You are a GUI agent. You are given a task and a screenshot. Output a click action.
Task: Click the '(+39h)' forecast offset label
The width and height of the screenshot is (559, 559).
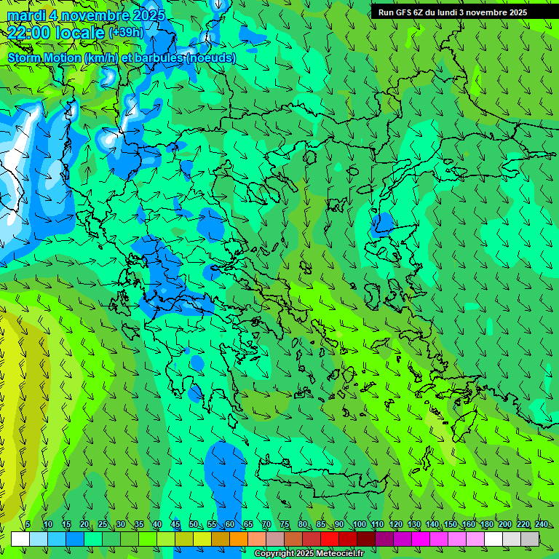tap(126, 33)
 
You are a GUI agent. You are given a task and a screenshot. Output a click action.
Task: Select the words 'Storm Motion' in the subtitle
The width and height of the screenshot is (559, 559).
tap(44, 58)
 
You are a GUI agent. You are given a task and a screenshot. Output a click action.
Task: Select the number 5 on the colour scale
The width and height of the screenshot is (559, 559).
tap(28, 524)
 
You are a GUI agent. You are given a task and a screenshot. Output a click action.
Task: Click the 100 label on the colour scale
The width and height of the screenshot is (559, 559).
tap(359, 524)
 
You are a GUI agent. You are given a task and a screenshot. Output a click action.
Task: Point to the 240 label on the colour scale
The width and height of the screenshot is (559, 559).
tap(541, 524)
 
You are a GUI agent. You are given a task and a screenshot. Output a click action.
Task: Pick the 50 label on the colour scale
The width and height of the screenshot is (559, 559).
tap(193, 524)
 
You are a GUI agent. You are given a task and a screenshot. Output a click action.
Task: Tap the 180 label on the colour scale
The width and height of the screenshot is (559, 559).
tap(486, 524)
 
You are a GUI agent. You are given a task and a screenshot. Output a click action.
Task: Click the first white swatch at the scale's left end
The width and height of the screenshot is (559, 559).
tap(20, 539)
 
